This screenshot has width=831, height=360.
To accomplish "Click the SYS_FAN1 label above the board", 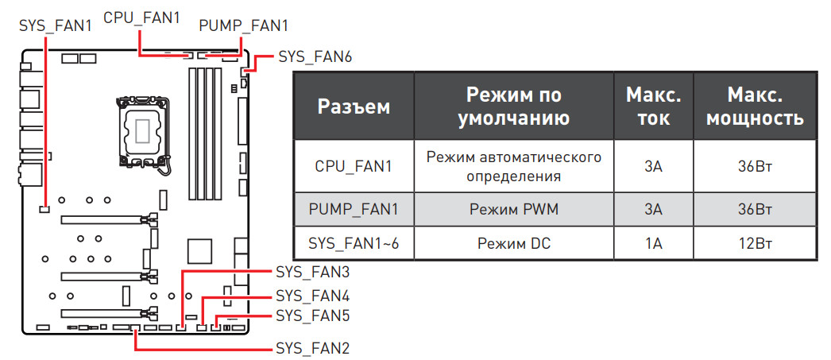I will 55,25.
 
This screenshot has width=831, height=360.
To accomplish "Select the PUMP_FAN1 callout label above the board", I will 243,25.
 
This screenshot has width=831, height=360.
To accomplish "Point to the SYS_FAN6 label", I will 315,57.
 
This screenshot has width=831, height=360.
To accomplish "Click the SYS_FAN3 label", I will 312,272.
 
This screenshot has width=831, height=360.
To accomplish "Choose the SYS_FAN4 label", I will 312,296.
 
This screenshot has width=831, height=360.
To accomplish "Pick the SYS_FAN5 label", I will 312,315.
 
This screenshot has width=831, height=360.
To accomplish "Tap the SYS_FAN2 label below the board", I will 312,348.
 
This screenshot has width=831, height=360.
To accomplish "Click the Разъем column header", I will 354,106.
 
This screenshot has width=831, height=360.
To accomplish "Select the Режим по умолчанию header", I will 513,106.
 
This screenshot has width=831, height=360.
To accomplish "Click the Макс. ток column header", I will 653,106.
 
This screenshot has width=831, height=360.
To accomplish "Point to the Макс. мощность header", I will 754,106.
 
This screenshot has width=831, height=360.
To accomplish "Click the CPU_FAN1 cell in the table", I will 354,166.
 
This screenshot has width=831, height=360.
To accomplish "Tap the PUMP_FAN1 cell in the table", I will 354,210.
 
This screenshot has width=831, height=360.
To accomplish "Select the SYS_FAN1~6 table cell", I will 354,243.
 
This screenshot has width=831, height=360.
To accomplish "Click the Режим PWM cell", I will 513,210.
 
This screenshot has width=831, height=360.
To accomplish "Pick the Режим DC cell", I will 513,243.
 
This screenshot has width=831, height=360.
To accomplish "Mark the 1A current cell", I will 653,243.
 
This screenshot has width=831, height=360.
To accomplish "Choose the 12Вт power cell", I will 754,243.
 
